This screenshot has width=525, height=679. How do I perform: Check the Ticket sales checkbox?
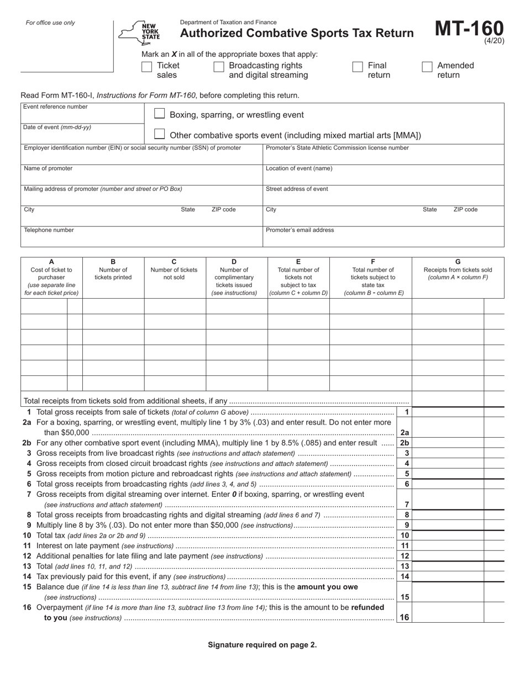pos(147,67)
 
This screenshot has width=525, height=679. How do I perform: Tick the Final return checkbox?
pos(358,67)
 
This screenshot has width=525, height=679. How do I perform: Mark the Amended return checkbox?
pos(427,67)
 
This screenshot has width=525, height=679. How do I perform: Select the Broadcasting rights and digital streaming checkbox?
pos(219,67)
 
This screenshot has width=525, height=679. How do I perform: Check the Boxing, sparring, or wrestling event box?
pos(159,114)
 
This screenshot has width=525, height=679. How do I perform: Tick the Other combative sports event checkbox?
pos(159,134)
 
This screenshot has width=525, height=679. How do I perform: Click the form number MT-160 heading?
pos(469,29)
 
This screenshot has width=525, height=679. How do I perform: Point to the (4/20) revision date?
pos(494,41)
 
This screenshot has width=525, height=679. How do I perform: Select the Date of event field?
pos(82,136)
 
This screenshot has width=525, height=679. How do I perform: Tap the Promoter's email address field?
pos(383,238)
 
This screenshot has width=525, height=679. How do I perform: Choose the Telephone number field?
pos(141,238)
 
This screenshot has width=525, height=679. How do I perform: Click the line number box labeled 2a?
pos(405,433)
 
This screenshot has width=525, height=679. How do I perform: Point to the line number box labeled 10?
pos(405,535)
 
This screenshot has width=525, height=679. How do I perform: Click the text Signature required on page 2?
pos(262,644)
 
